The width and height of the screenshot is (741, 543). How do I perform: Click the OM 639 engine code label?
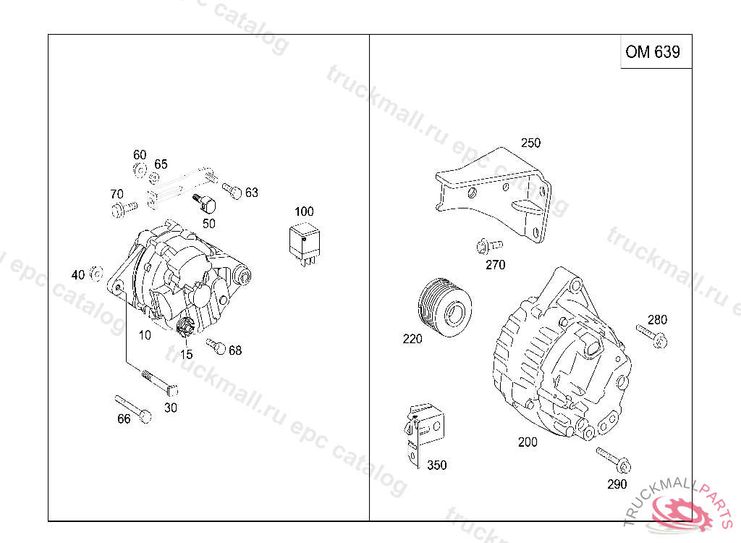(x=653, y=51)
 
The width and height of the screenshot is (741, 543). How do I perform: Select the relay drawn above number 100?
(x=305, y=245)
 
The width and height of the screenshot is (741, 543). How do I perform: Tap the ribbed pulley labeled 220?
(x=445, y=308)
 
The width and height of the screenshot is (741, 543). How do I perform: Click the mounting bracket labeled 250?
(x=494, y=194)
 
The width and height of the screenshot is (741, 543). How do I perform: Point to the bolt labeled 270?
(x=489, y=246)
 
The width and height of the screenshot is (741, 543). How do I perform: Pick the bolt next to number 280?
(x=652, y=335)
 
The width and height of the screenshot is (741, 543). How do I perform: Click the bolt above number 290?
(x=614, y=460)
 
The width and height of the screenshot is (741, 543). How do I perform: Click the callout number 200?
(x=528, y=442)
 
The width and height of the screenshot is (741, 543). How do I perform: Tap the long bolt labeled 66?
(x=133, y=409)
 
